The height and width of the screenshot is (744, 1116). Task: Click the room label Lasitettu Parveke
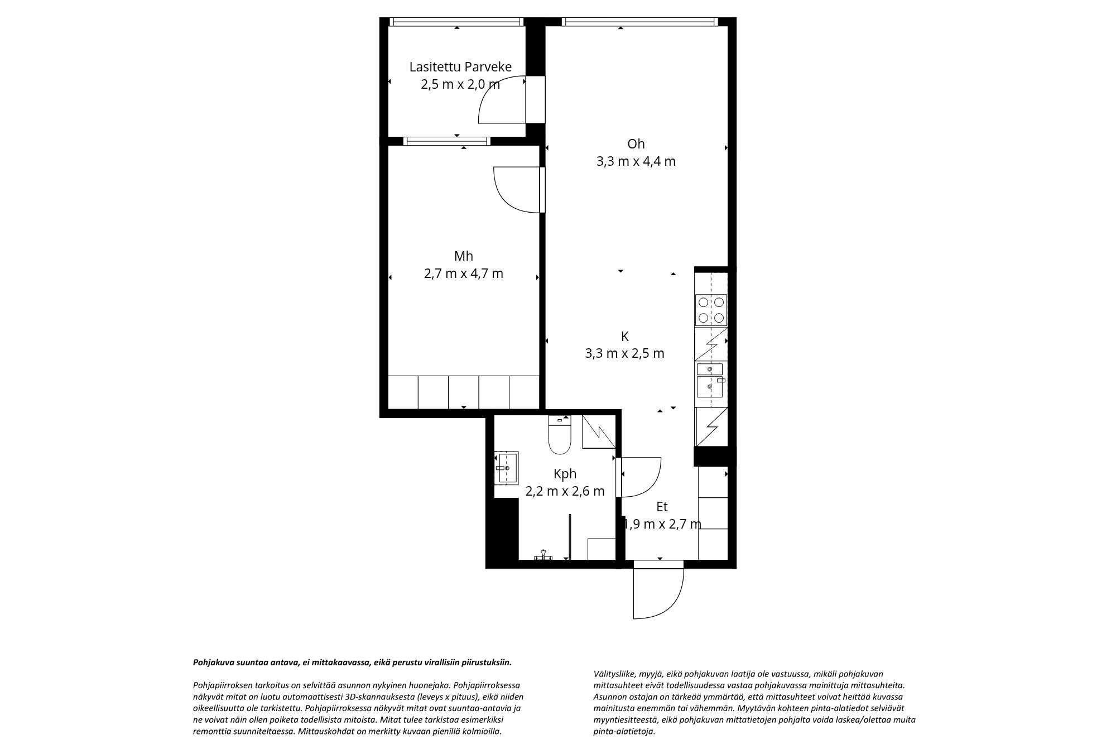[x=460, y=68]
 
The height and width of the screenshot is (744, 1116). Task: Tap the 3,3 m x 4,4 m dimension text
[x=636, y=162]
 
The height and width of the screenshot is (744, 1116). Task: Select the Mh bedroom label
[x=464, y=256]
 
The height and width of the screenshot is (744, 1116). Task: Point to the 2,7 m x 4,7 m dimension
[x=464, y=274]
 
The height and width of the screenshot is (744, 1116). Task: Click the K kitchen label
[x=625, y=337]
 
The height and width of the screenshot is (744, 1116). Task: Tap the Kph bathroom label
[x=565, y=474]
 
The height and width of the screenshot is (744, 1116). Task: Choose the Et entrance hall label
[x=662, y=507]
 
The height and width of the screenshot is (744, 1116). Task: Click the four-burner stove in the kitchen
[x=711, y=310]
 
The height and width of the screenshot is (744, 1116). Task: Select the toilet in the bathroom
[x=560, y=435]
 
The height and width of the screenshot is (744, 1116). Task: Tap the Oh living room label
[x=636, y=144]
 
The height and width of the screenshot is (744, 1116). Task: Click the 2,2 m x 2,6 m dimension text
[x=565, y=491]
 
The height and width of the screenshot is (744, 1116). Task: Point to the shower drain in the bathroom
[x=542, y=555]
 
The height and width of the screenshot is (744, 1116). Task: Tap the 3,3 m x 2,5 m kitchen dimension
[x=625, y=354]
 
